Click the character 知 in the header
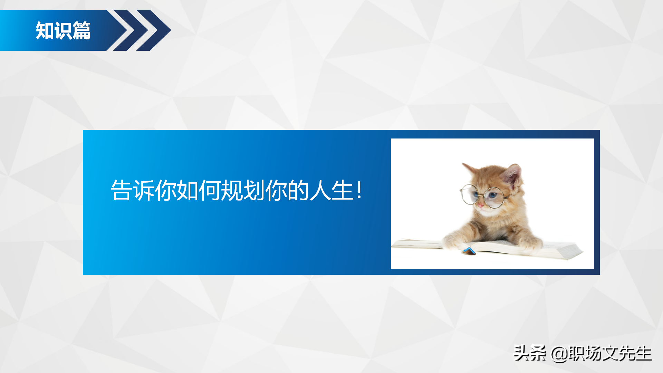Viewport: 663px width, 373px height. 45,31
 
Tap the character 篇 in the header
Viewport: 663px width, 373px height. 81,31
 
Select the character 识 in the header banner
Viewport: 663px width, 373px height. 63,31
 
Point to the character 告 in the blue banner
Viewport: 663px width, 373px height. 121,190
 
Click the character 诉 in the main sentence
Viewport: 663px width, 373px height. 144,190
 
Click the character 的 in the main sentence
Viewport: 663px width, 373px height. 298,190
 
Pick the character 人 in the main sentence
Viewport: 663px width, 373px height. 320,190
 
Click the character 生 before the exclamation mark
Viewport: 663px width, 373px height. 342,190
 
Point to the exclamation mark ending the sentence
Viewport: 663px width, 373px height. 359,190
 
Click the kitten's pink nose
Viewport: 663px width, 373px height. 480,205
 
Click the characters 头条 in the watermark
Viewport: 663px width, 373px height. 530,353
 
